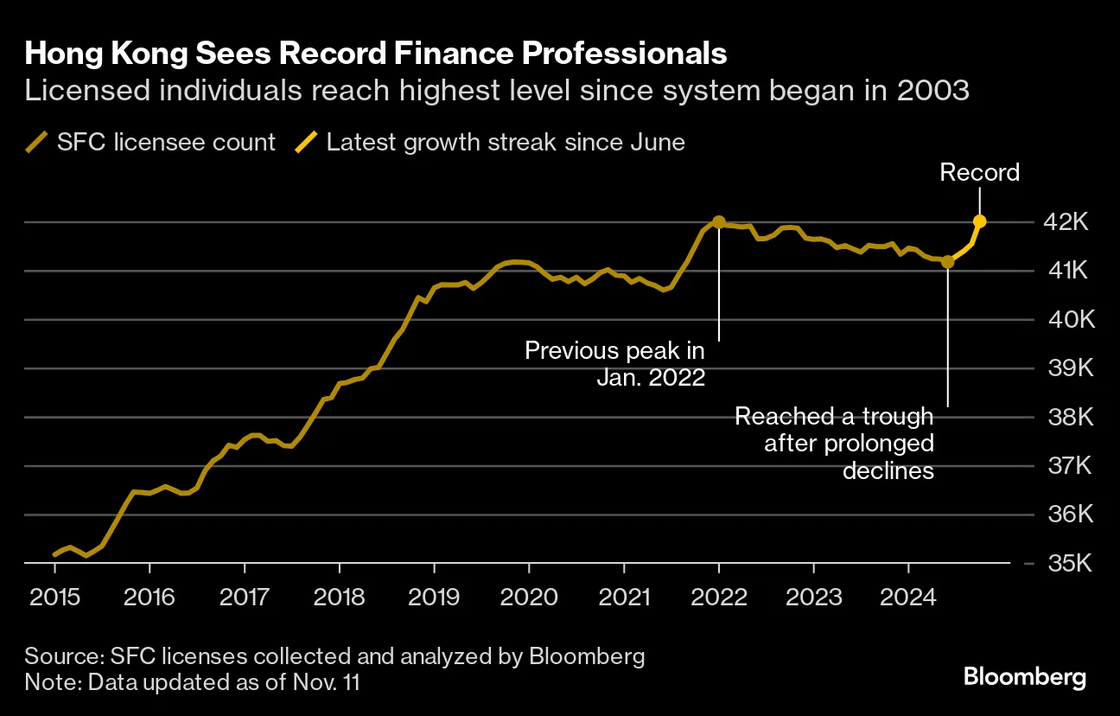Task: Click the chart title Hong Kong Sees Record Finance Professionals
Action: point(375,54)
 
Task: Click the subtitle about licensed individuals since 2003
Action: point(496,91)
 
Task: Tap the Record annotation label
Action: point(979,173)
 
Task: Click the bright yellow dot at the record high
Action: point(979,221)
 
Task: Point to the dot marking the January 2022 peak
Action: point(719,222)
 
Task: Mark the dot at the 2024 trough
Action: point(948,261)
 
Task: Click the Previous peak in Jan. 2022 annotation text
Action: point(614,364)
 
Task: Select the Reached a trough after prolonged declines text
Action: point(834,444)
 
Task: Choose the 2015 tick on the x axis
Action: point(54,596)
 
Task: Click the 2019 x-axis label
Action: point(434,596)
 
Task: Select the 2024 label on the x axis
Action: point(908,596)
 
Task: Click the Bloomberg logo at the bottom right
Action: point(1024,676)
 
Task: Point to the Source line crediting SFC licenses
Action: point(334,655)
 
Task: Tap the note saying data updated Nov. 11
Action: point(192,681)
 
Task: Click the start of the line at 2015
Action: point(55,554)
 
